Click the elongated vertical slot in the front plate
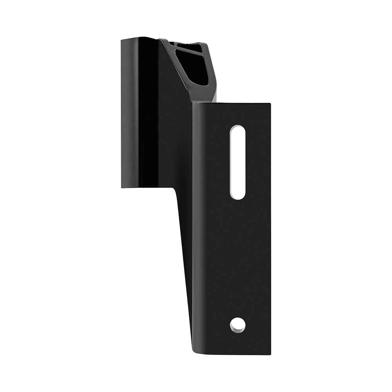238,162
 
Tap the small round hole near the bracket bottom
238,325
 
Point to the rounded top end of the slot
238,129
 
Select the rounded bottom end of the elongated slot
238,196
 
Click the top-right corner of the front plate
270,104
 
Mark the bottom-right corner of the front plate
270,354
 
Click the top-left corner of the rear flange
122,40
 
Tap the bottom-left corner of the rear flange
122,187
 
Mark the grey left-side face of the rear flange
129,114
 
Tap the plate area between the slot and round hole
238,259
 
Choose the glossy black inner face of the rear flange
149,114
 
